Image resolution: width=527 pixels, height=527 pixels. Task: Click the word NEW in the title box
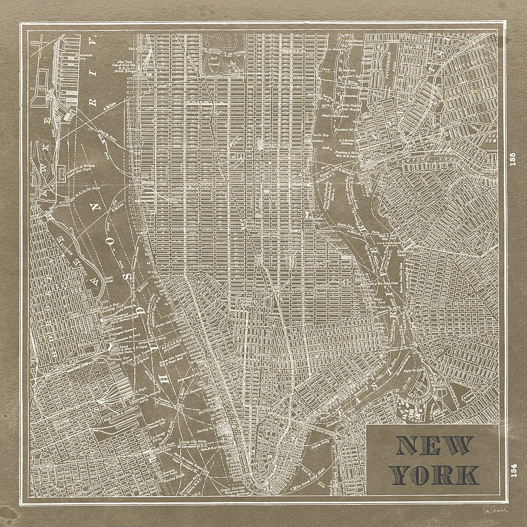click(435, 446)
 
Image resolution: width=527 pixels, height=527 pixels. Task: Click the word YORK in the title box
click(435, 475)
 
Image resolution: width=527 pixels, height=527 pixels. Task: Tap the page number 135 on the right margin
click(512, 160)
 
